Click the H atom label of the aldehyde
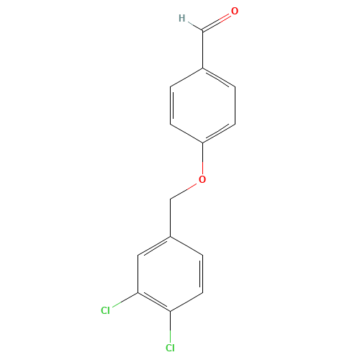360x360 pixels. tap(182, 18)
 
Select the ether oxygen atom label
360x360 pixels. tap(202, 178)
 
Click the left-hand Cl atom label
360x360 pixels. tap(105, 310)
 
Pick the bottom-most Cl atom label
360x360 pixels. tap(170, 348)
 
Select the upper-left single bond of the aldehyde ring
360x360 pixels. tap(186, 78)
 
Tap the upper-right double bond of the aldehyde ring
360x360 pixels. tap(219, 79)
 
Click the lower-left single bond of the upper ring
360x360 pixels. tap(186, 134)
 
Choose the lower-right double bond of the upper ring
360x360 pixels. tap(219, 133)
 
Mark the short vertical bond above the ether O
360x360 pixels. tap(202, 158)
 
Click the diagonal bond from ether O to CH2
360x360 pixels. tap(185, 189)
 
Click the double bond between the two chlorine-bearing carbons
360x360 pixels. tap(153, 301)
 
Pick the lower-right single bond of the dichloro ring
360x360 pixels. tap(186, 301)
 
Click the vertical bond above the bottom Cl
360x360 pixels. tap(170, 325)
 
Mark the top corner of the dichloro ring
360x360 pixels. tap(170, 235)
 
